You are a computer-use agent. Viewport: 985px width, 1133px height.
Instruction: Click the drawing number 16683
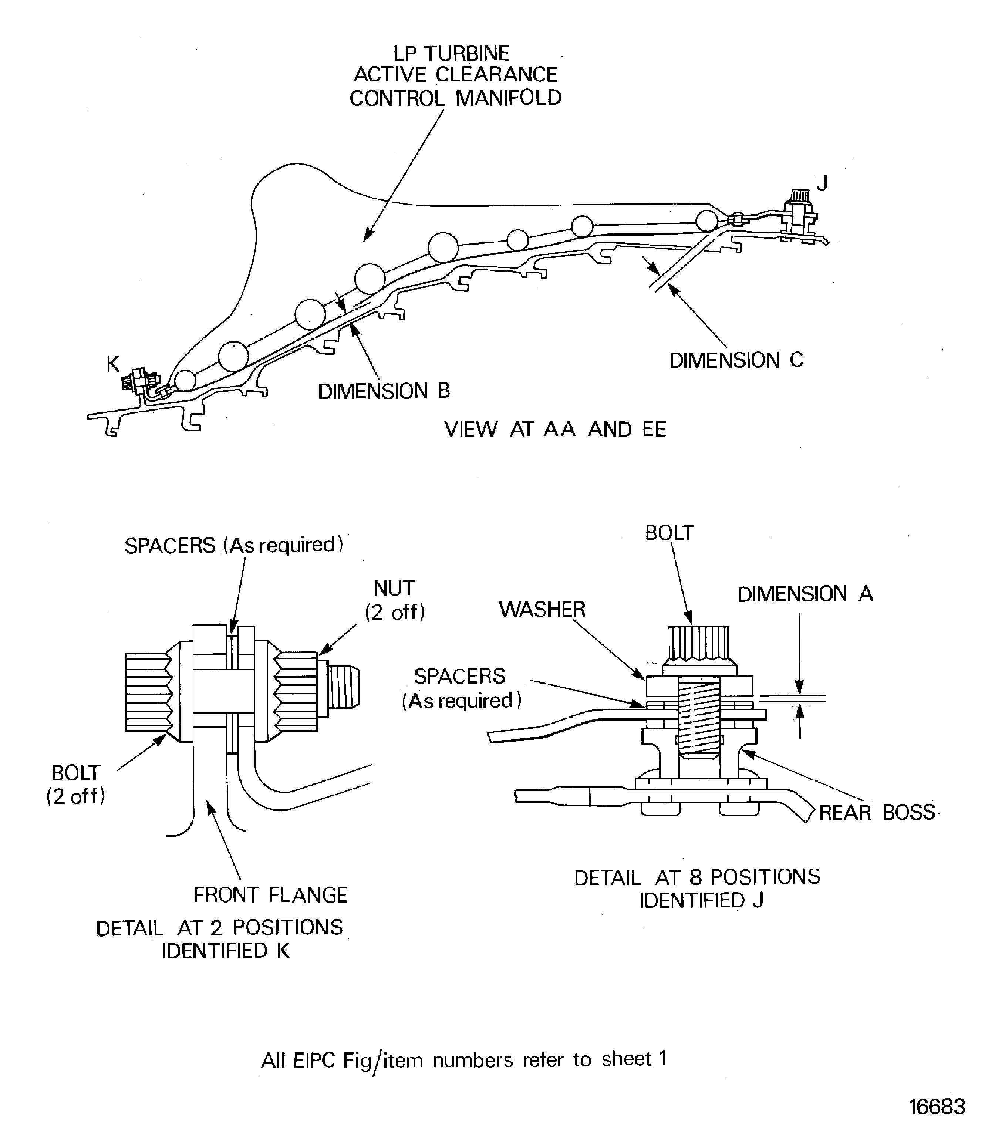coord(937,1106)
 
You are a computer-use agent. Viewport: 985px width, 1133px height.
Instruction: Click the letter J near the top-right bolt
coord(822,183)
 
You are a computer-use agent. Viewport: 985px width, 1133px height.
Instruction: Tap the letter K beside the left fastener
coord(113,364)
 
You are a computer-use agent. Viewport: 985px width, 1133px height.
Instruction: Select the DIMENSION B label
coord(384,391)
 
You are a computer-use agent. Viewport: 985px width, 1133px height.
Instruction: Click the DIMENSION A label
coord(805,594)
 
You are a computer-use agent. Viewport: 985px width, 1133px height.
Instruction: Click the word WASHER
coord(542,610)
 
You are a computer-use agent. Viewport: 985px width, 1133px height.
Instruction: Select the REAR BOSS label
coord(876,813)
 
